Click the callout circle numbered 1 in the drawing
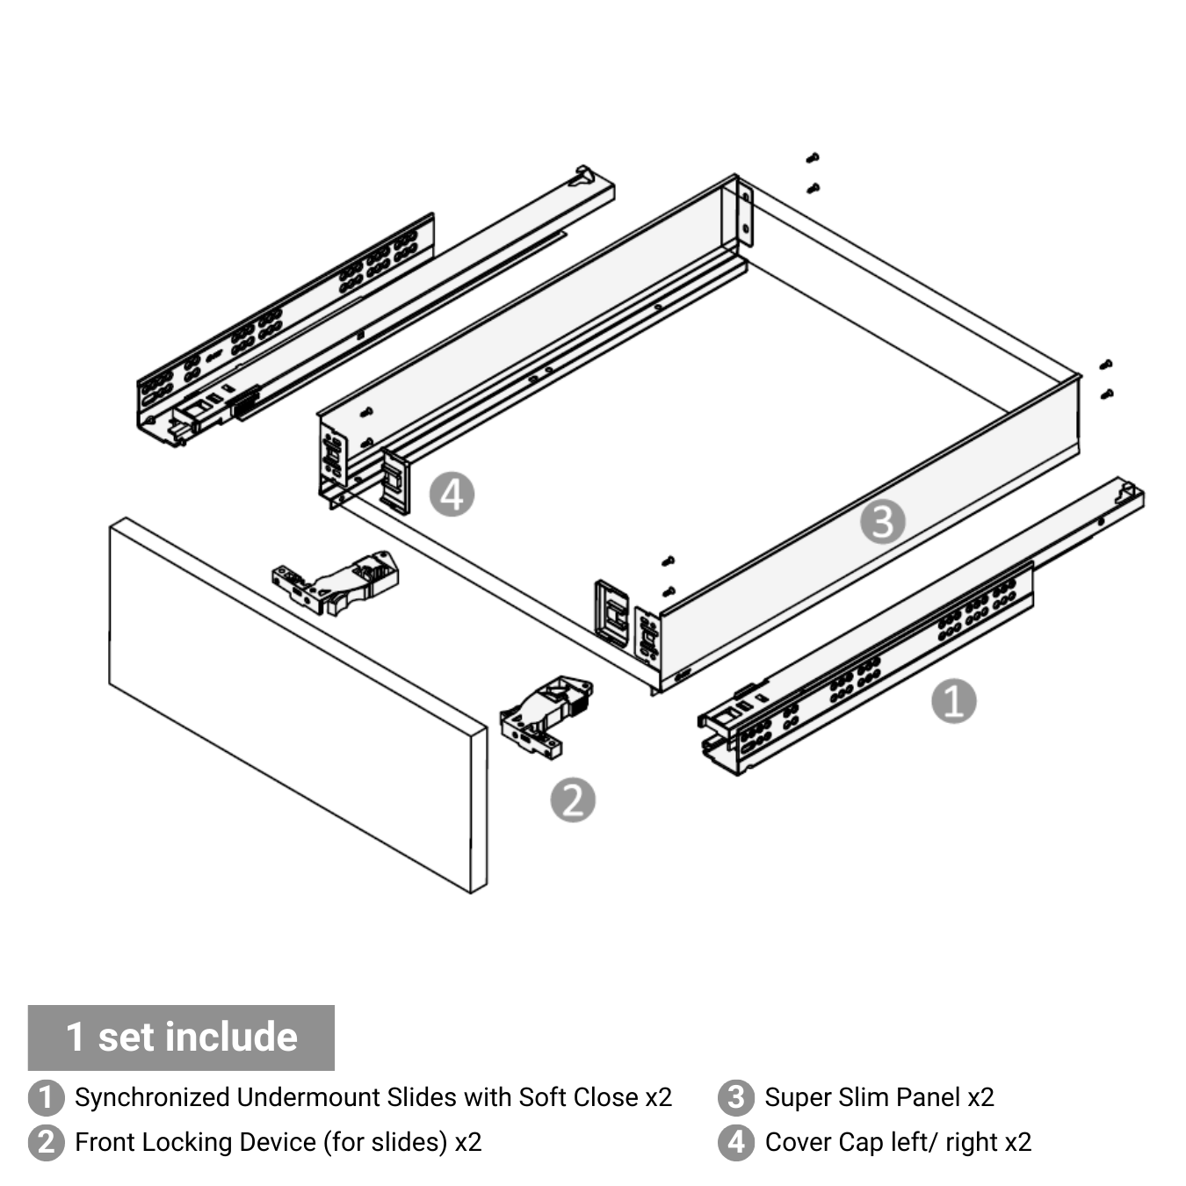tap(953, 701)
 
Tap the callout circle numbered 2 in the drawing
tap(573, 799)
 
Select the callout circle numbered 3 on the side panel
tap(883, 522)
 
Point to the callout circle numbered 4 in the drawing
tap(452, 495)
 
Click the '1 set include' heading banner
tap(181, 1037)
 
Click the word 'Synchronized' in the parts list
tap(153, 1098)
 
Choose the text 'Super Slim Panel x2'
tap(879, 1098)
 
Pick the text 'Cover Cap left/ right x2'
tap(898, 1142)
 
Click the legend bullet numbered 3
tap(736, 1098)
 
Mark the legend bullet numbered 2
tap(47, 1142)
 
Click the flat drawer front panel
tap(299, 705)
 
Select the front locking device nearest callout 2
tap(546, 716)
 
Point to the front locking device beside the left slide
tap(336, 582)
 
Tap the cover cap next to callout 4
tap(395, 481)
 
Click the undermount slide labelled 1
tap(921, 626)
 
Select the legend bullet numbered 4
tap(736, 1142)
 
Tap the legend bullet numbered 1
tap(47, 1098)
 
